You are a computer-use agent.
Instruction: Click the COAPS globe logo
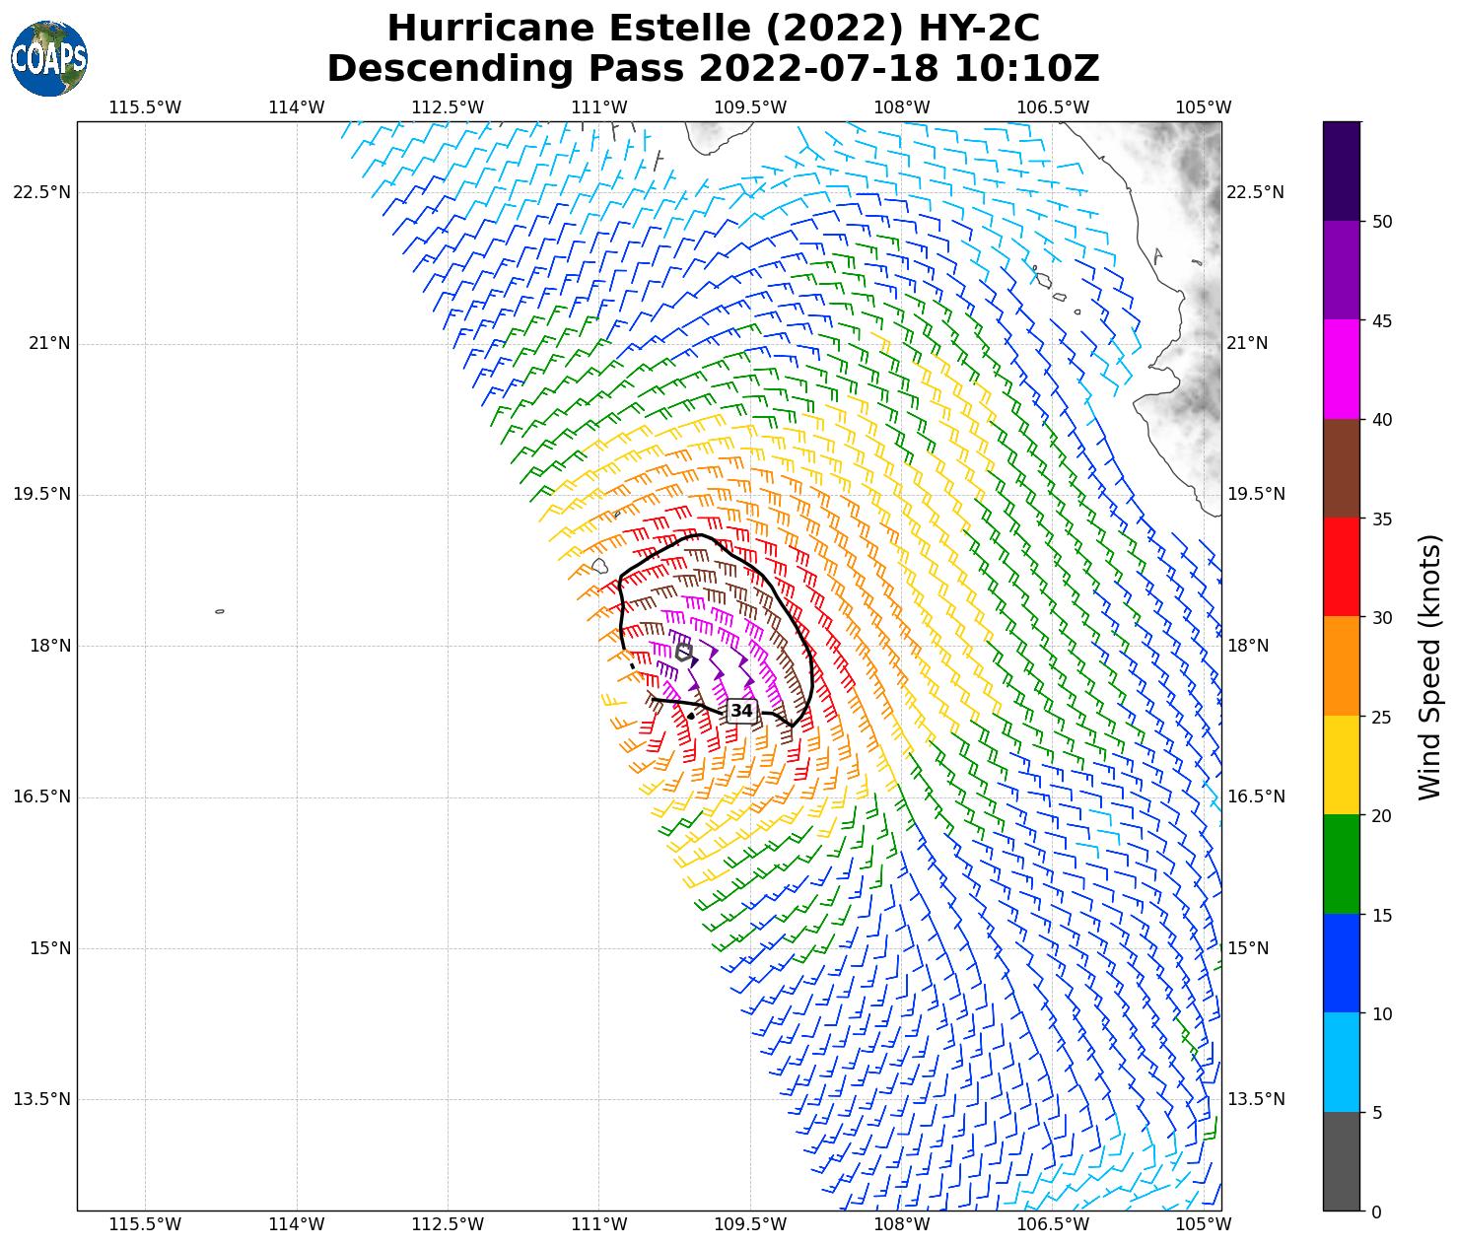click(x=49, y=59)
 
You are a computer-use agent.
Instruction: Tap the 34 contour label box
click(x=741, y=711)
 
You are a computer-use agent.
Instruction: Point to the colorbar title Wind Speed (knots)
click(x=1428, y=667)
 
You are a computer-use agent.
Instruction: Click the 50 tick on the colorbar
click(x=1382, y=222)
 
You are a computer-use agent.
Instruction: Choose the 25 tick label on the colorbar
click(x=1382, y=717)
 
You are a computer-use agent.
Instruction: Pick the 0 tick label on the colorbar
click(x=1376, y=1211)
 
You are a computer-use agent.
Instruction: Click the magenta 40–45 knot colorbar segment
click(x=1341, y=370)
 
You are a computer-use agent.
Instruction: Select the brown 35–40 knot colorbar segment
click(x=1341, y=468)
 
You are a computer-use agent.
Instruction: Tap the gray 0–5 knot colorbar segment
click(x=1341, y=1161)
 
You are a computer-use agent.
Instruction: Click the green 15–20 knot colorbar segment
click(x=1341, y=865)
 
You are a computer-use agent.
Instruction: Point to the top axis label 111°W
click(x=599, y=107)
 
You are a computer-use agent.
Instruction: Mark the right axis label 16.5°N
click(x=1256, y=796)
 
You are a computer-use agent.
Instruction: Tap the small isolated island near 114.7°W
click(x=220, y=611)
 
